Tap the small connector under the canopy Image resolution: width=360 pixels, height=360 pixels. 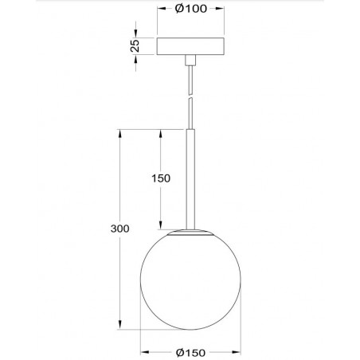[190, 60]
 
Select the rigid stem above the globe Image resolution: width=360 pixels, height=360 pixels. [190, 175]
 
